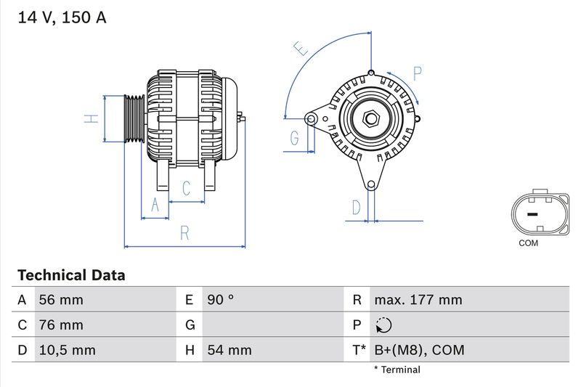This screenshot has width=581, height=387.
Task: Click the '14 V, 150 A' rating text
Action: coord(62,18)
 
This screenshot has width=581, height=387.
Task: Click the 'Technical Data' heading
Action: coord(71,275)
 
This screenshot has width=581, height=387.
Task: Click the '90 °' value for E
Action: coord(220,300)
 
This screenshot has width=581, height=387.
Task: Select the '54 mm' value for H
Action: coord(229,350)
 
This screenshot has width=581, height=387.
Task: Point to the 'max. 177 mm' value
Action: coord(418,300)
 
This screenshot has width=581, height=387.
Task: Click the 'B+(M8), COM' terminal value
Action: coord(418,350)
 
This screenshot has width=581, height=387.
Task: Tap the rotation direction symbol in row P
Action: coord(384,325)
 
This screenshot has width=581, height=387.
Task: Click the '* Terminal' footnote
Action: coord(397,370)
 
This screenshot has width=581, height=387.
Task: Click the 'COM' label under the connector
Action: coord(528,243)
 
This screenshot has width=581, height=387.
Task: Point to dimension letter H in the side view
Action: coord(91,118)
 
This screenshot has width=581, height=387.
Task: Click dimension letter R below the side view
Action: coord(185,233)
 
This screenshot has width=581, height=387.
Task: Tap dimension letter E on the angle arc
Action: coord(300,49)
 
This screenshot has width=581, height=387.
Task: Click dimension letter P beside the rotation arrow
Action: coord(418,73)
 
